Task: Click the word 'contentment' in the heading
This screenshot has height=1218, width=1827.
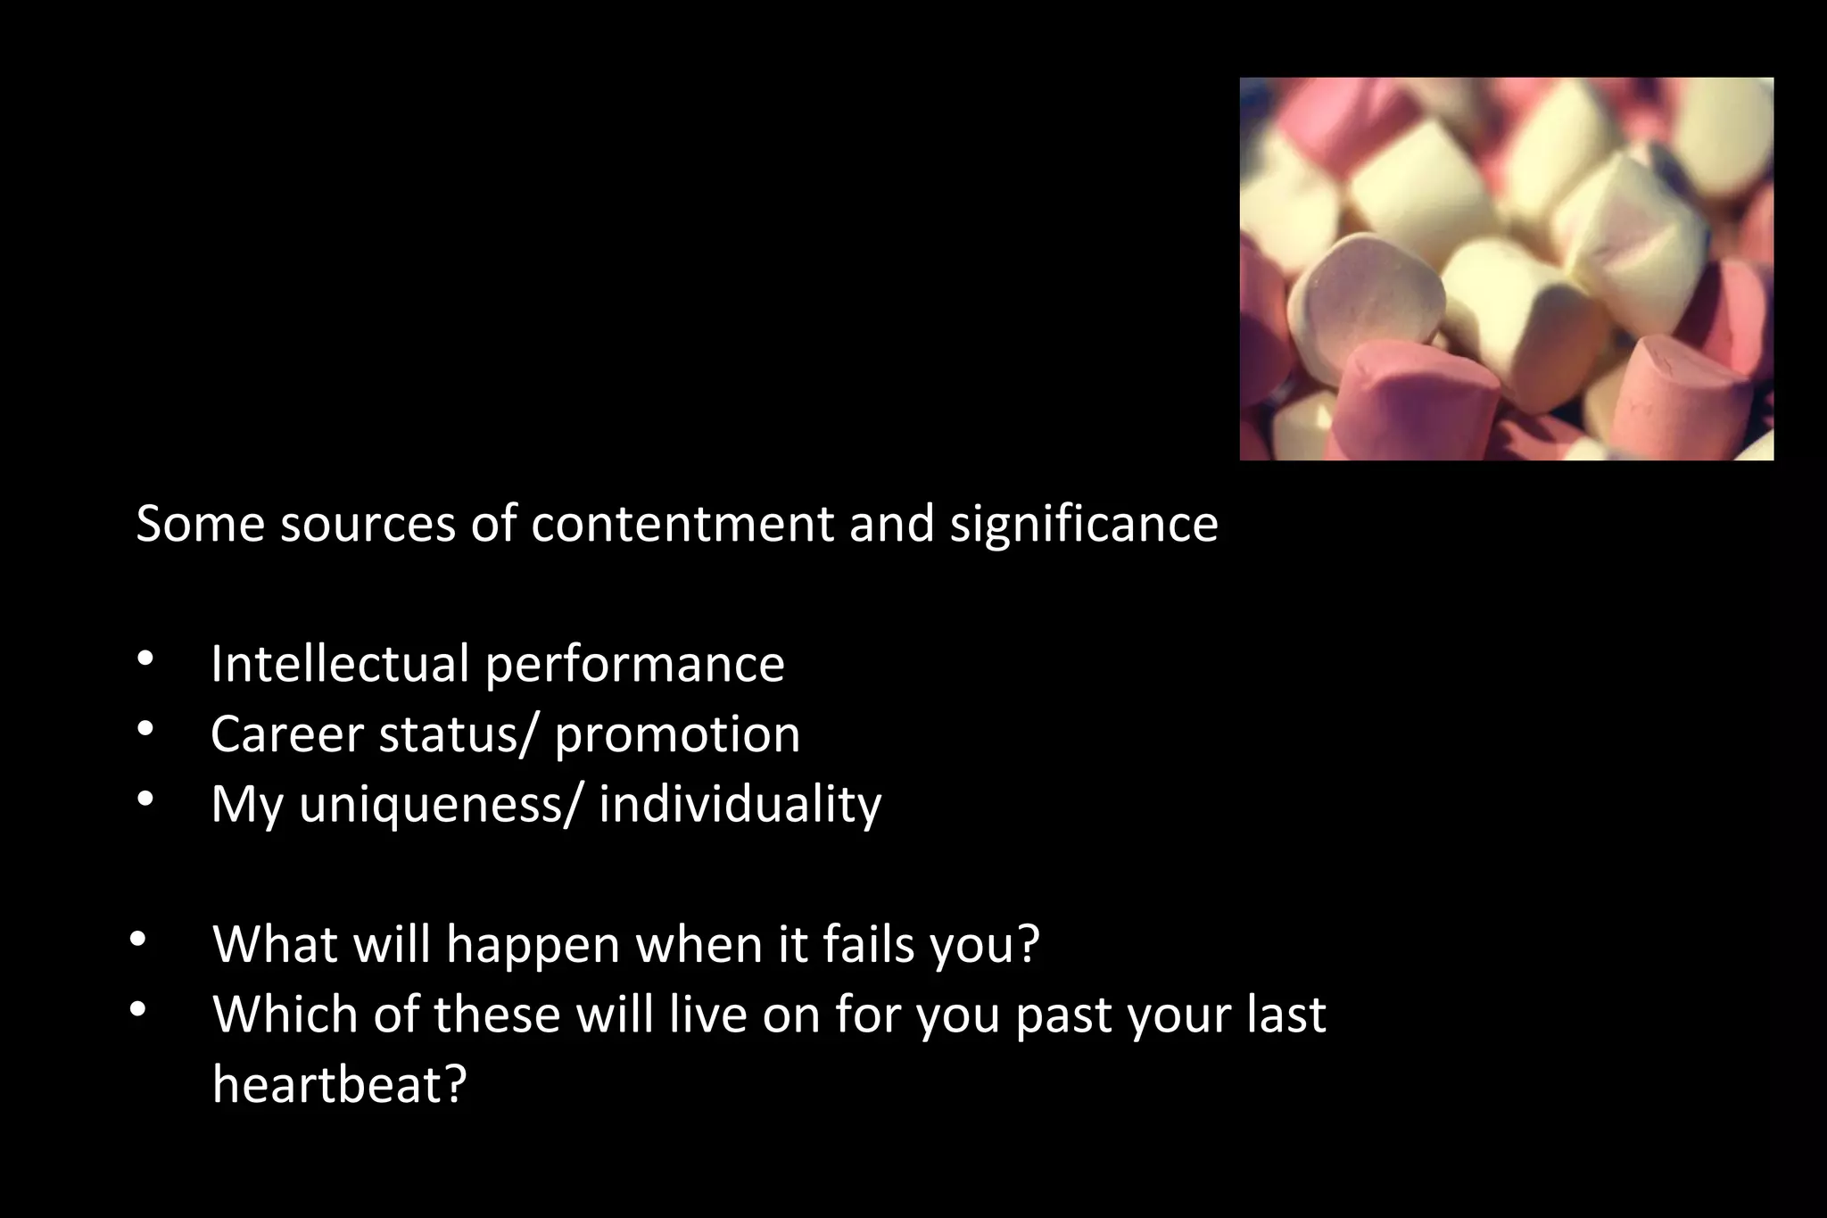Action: click(x=682, y=524)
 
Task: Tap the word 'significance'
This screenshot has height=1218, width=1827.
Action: click(x=1083, y=524)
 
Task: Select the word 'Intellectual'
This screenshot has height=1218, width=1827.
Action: click(x=340, y=665)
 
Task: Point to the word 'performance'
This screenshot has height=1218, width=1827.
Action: click(x=634, y=665)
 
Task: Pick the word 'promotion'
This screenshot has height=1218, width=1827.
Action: click(x=677, y=734)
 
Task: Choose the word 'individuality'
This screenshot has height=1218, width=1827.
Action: click(x=740, y=804)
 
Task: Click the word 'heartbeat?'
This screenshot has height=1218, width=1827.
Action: click(x=340, y=1084)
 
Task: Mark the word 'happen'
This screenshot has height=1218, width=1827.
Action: click(x=533, y=944)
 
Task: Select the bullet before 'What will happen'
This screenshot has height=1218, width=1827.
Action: click(x=137, y=940)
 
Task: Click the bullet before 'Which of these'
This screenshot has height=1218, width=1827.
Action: click(x=137, y=1010)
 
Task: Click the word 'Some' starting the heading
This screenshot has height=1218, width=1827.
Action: click(x=200, y=524)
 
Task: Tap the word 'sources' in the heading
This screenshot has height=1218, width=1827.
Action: click(x=368, y=524)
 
